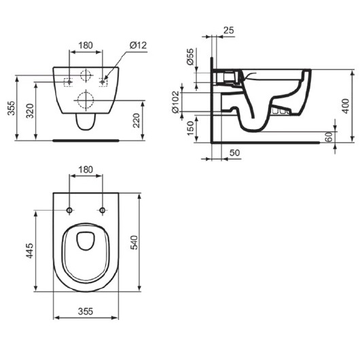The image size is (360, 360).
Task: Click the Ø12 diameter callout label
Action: click(138, 46)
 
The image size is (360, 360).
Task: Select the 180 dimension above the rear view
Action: click(86, 46)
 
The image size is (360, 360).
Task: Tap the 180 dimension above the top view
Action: click(86, 170)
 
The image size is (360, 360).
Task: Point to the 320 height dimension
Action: click(30, 111)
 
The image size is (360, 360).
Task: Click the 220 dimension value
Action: click(137, 120)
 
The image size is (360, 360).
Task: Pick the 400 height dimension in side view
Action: click(346, 106)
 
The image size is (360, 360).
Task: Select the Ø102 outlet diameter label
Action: click(175, 102)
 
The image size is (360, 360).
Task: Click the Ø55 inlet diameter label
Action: click(190, 56)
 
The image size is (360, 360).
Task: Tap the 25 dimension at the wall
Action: click(229, 30)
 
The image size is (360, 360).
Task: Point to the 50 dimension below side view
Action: click(234, 153)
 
